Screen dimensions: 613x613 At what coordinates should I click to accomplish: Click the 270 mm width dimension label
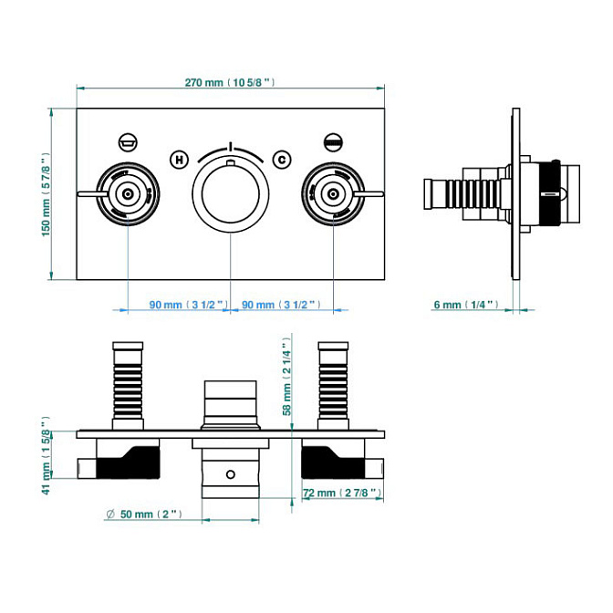229,82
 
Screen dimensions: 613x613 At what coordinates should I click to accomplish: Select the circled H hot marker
180,160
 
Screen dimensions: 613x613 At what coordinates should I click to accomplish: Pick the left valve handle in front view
126,193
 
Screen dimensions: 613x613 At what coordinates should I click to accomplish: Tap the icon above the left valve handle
128,141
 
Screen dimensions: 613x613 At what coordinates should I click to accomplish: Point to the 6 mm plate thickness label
465,305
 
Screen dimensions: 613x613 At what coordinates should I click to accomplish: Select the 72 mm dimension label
340,494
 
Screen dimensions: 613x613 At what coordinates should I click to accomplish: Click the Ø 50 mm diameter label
143,514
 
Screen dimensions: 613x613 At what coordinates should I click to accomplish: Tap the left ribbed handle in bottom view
127,383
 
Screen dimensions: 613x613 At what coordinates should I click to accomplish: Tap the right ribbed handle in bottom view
332,383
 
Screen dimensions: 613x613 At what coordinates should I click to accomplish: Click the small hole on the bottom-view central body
230,473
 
